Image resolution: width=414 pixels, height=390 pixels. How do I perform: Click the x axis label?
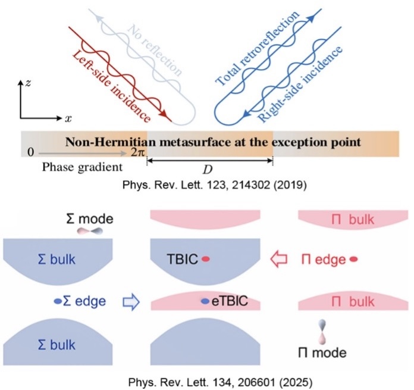(x=68, y=119)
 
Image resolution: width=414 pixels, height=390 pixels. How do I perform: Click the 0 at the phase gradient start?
(x=29, y=154)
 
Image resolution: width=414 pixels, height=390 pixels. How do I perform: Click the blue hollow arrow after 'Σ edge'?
(x=130, y=302)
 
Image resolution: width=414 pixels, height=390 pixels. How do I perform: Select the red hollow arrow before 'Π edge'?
(x=278, y=260)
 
